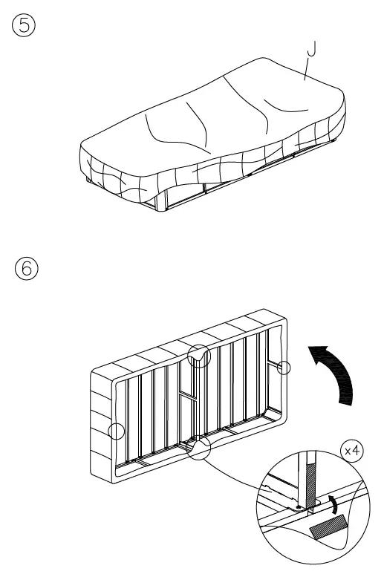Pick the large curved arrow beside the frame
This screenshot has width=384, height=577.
(333, 371)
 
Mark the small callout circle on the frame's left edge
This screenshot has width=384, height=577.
(116, 431)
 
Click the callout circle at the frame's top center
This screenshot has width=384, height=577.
(198, 356)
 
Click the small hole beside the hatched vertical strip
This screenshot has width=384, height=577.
(298, 509)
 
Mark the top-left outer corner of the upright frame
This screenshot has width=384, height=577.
(91, 371)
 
